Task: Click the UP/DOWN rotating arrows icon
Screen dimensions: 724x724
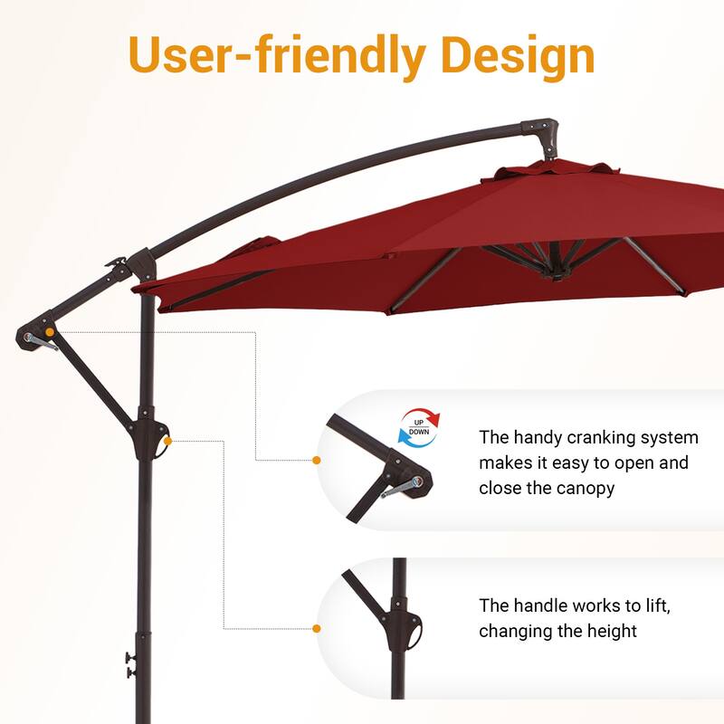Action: point(418,426)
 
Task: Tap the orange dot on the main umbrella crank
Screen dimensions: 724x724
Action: point(50,333)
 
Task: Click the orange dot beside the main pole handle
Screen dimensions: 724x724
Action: point(168,441)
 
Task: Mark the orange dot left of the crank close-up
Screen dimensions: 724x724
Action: point(317,461)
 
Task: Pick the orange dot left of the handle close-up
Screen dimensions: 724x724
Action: point(317,628)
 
